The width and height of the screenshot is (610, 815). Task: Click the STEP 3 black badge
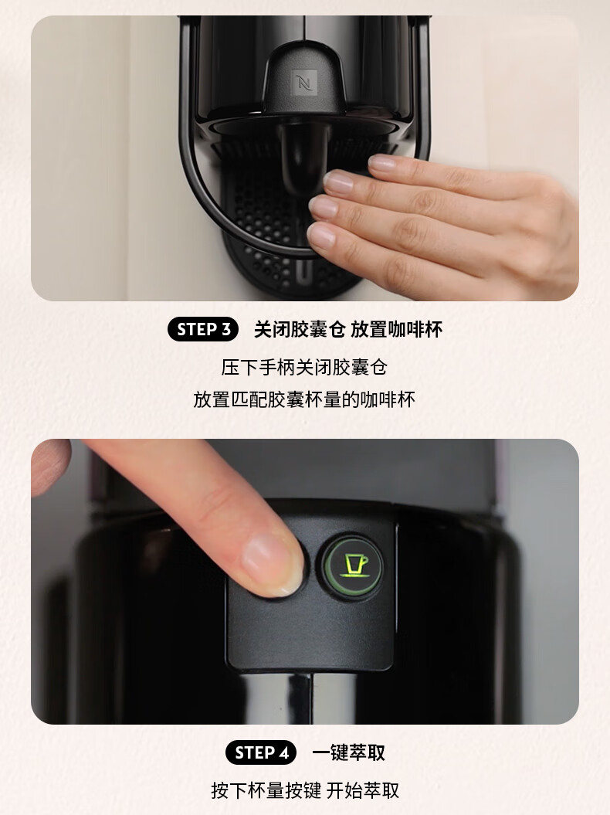[x=203, y=330]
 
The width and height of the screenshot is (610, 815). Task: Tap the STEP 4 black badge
[x=261, y=752]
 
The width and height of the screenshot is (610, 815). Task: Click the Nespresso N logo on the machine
[x=304, y=82]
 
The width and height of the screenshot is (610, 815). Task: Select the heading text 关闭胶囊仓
[x=300, y=330]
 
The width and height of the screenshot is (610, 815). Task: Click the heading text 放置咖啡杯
[x=396, y=330]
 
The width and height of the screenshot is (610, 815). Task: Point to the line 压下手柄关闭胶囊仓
[x=304, y=368]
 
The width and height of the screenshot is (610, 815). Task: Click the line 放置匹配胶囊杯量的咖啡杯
[x=304, y=399]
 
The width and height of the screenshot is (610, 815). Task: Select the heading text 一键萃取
[x=349, y=752]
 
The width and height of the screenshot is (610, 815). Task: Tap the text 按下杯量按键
[x=266, y=790]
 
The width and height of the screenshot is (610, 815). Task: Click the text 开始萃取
[x=363, y=790]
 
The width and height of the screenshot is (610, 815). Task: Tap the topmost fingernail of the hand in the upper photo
[x=383, y=163]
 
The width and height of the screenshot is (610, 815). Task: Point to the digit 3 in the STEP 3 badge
[x=226, y=330]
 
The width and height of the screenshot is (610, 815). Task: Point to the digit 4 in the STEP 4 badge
[x=283, y=752]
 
